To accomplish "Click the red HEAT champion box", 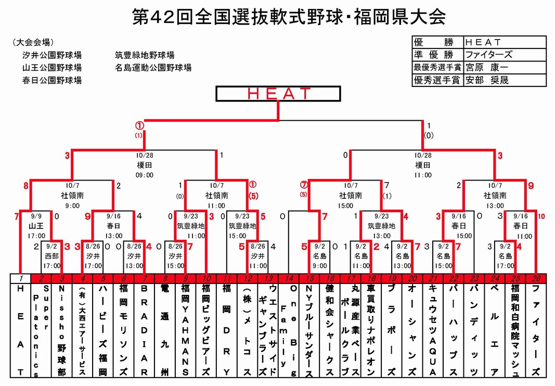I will (x=278, y=94).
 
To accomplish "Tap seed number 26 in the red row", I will (x=536, y=279).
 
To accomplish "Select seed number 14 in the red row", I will (x=289, y=279).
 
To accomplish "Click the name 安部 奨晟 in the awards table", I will (x=487, y=80).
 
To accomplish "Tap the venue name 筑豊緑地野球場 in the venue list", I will (x=145, y=55).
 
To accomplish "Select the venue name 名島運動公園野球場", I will (x=153, y=68).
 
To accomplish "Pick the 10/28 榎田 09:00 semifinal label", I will (x=144, y=165).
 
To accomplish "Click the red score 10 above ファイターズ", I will (x=541, y=216).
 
